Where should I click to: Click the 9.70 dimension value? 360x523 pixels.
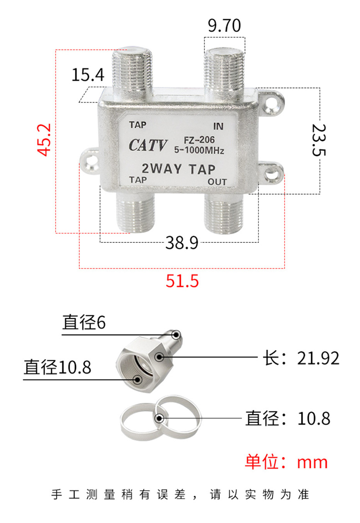[224, 26]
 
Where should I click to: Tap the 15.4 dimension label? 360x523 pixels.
[88, 75]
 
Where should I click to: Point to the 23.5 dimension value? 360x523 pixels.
[318, 140]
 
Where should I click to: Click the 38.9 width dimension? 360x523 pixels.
[182, 242]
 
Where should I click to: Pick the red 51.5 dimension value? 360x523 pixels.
[182, 281]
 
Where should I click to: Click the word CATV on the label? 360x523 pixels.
[148, 145]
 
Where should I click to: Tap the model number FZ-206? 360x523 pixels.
[199, 140]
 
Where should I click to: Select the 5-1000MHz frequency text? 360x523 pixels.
[199, 150]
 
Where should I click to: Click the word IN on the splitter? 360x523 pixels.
[218, 126]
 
